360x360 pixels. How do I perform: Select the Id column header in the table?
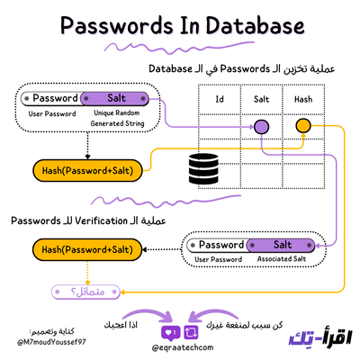218,99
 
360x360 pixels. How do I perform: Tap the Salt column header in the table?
261,99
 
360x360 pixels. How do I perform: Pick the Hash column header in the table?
302,99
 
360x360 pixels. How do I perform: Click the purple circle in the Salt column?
261,127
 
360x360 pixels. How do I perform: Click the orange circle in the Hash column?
302,127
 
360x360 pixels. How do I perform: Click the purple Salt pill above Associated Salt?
282,245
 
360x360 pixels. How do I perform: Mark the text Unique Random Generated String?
117,120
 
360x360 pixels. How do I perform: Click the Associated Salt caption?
282,261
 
